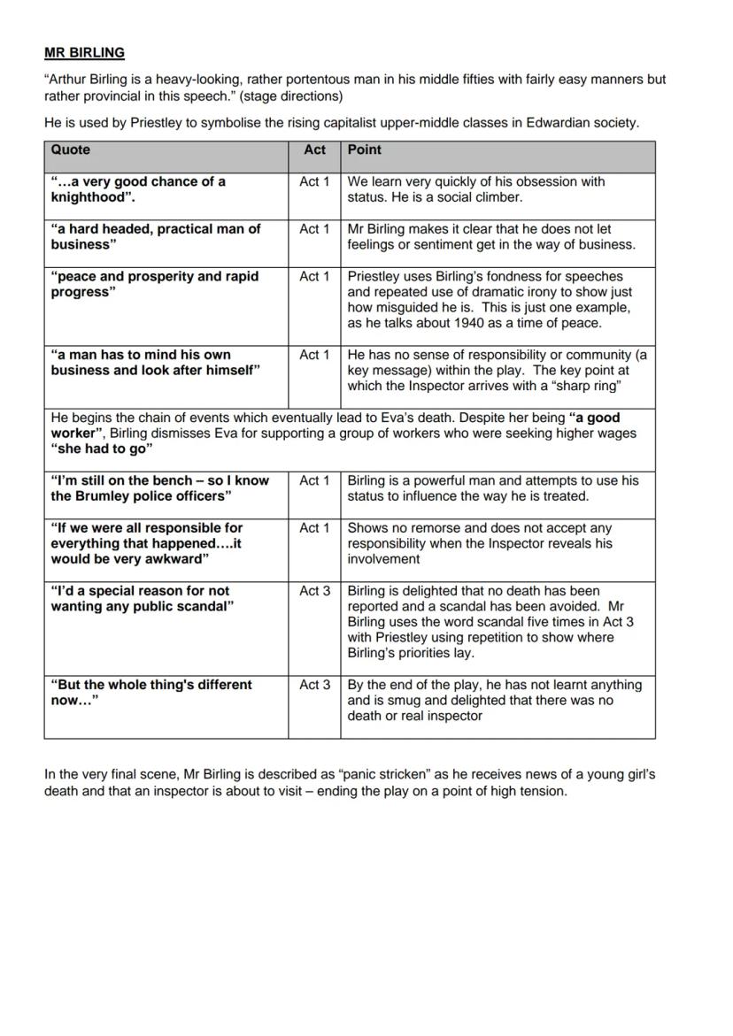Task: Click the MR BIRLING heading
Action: point(84,52)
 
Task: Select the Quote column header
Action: point(70,150)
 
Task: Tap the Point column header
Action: point(364,150)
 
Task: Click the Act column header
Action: point(314,150)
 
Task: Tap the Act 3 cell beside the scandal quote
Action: point(314,591)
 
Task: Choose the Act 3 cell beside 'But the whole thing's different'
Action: point(314,685)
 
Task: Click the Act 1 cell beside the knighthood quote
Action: point(314,182)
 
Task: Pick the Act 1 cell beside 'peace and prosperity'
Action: point(314,277)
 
